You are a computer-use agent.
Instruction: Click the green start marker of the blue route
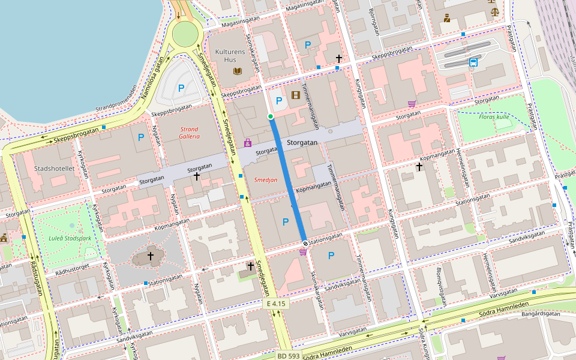[271, 116]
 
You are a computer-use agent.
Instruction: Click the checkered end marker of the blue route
[305, 242]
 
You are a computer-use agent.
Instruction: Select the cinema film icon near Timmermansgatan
[295, 94]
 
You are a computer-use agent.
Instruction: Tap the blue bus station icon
[473, 62]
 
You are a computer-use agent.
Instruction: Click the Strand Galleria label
[189, 133]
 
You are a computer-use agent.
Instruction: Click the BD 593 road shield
[289, 356]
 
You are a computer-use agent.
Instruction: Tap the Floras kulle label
[495, 116]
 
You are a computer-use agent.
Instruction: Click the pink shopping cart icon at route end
[303, 252]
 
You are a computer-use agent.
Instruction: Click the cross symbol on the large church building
[151, 256]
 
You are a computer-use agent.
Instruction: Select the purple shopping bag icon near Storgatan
[247, 143]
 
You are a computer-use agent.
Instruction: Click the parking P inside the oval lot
[181, 88]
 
